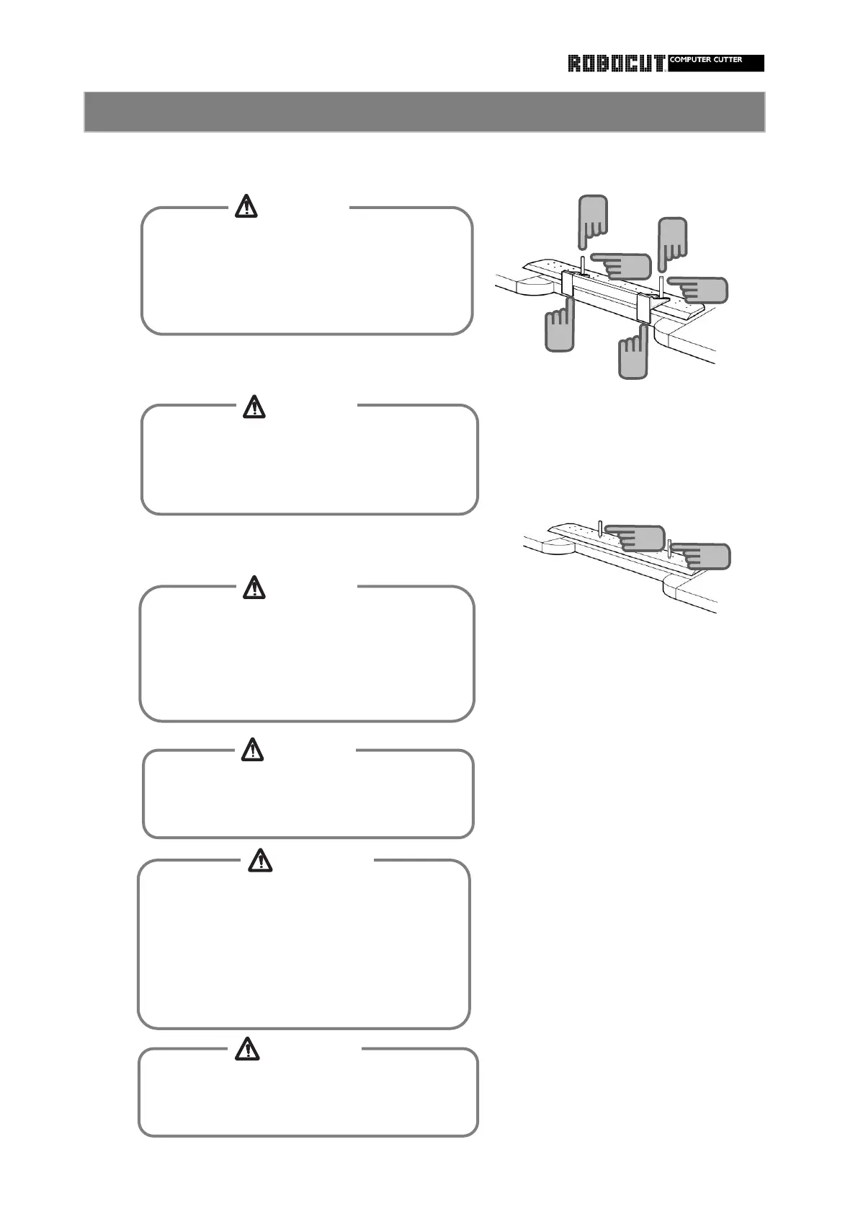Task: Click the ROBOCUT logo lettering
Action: [x=616, y=64]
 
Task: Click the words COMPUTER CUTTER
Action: [x=706, y=60]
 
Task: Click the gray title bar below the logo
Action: [x=424, y=112]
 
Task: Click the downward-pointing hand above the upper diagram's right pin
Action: [x=673, y=242]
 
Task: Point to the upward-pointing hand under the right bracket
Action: [x=633, y=354]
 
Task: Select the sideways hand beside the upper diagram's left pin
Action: [x=622, y=266]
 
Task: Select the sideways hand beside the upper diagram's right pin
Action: [x=699, y=289]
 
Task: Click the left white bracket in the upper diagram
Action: [x=566, y=284]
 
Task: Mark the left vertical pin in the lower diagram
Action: [x=600, y=528]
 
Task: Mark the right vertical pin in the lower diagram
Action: [x=670, y=548]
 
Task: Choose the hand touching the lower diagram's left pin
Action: [x=636, y=537]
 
